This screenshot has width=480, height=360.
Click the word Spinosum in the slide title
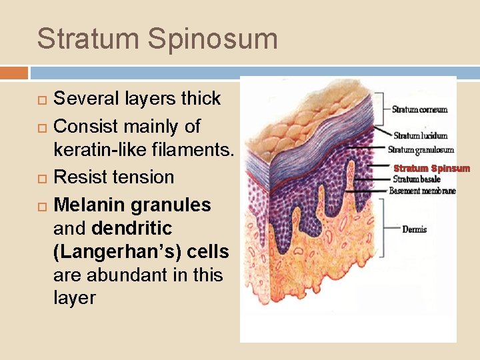click(214, 39)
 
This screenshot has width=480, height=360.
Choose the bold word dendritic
click(132, 229)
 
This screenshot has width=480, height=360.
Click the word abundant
click(118, 275)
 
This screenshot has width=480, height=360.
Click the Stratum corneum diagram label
click(419, 110)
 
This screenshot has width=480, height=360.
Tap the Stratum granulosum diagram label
click(421, 150)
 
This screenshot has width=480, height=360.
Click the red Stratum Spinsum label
click(431, 169)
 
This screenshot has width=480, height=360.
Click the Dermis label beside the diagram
click(414, 229)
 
